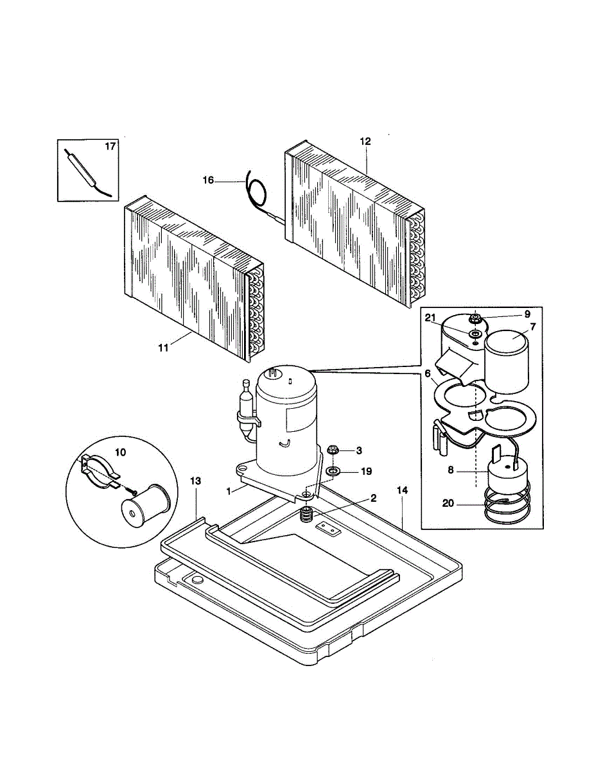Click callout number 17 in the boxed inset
point(110,147)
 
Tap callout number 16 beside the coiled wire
point(208,180)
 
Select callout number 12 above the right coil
point(365,141)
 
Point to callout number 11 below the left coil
point(163,347)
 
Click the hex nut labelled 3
point(333,449)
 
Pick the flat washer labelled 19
point(333,472)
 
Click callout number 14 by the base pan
point(403,490)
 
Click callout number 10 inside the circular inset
point(120,452)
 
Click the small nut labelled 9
point(476,318)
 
